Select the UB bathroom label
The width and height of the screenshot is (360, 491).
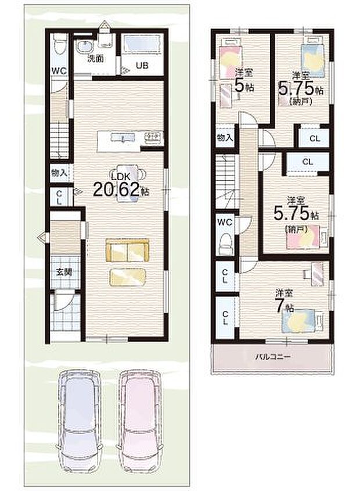click(142, 66)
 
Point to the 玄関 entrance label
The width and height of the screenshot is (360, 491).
click(64, 272)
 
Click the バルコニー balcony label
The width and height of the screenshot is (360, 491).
click(272, 357)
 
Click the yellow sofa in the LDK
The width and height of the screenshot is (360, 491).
click(127, 250)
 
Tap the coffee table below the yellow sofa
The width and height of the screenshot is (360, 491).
click(127, 277)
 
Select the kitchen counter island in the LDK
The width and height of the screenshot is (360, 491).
click(130, 139)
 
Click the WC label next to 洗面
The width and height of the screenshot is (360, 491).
click(59, 71)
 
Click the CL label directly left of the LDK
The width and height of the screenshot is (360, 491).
click(59, 197)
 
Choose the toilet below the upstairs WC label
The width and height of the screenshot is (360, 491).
click(226, 243)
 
